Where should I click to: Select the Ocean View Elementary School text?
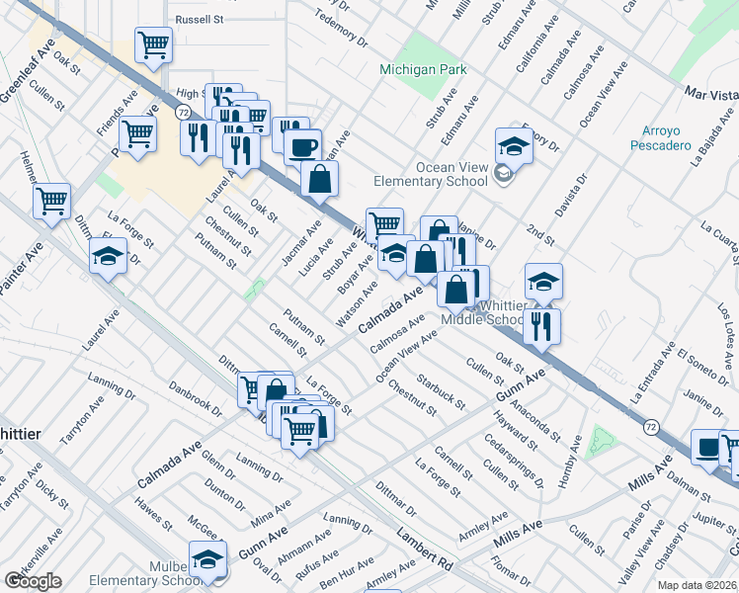click(x=430, y=174)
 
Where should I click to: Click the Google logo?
click(x=33, y=581)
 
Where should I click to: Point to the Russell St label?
click(x=201, y=19)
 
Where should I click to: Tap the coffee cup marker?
click(x=302, y=146)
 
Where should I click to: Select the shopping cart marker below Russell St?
click(x=153, y=43)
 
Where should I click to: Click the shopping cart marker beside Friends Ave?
click(x=137, y=132)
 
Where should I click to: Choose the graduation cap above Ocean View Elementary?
click(x=514, y=145)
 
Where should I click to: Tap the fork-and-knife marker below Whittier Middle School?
click(x=541, y=325)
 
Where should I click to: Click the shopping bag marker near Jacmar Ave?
click(x=320, y=179)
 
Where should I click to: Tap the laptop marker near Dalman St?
click(x=708, y=447)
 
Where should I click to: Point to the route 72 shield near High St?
click(x=184, y=114)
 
